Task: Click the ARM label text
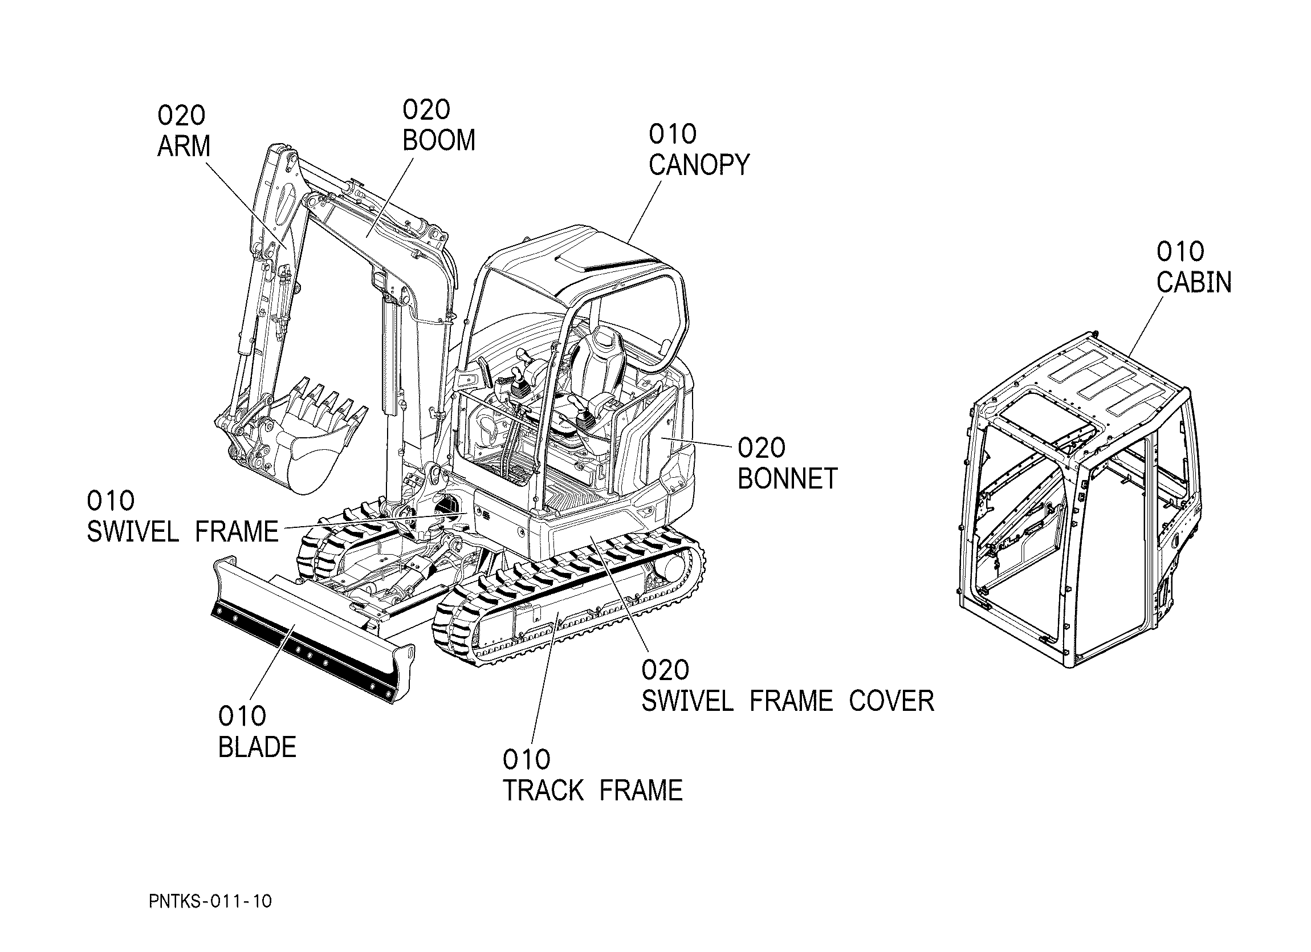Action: click(184, 147)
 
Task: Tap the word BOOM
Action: click(439, 140)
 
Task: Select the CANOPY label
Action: click(699, 165)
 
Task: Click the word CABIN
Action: click(1194, 282)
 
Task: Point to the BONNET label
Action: click(788, 479)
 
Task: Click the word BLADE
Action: click(257, 747)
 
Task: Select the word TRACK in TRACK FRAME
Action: click(543, 790)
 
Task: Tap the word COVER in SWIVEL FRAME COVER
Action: click(891, 701)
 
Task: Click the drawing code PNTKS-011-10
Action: click(210, 901)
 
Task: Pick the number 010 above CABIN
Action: click(1180, 251)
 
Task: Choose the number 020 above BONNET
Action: click(762, 448)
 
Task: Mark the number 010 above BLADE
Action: click(242, 716)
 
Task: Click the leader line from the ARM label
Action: click(246, 205)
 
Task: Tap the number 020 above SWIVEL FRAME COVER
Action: click(665, 670)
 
